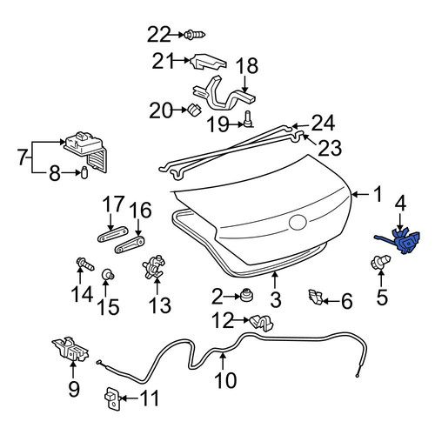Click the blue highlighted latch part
click(x=402, y=241)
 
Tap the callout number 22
click(x=159, y=35)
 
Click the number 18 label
click(x=246, y=66)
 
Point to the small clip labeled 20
click(x=194, y=109)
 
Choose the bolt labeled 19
click(x=248, y=119)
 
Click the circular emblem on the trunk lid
click(x=298, y=223)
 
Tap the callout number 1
click(x=378, y=194)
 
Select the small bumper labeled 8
click(x=84, y=172)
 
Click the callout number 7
click(x=23, y=157)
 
